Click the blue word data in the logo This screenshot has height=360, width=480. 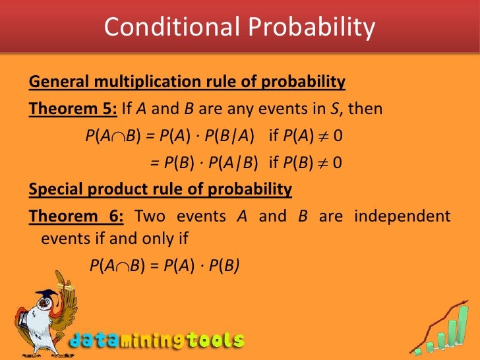pyautogui.click(x=96, y=341)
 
